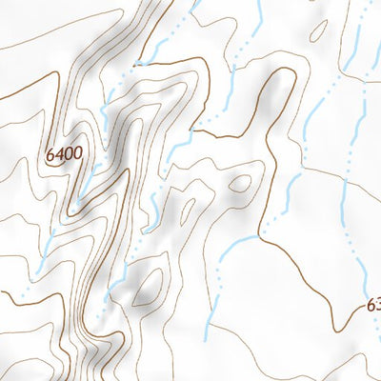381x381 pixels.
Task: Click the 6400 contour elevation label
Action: [63, 153]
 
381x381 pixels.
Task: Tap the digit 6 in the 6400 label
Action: [50, 153]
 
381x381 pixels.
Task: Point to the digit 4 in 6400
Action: [58, 153]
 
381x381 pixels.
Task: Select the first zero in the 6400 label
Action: [68, 153]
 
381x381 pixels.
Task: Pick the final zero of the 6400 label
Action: [76, 153]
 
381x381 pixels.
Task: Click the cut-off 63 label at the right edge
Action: [372, 307]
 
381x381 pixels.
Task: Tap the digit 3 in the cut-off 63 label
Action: [377, 307]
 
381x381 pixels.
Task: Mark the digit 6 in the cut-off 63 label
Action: [370, 307]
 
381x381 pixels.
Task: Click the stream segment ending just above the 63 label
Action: [366, 276]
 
